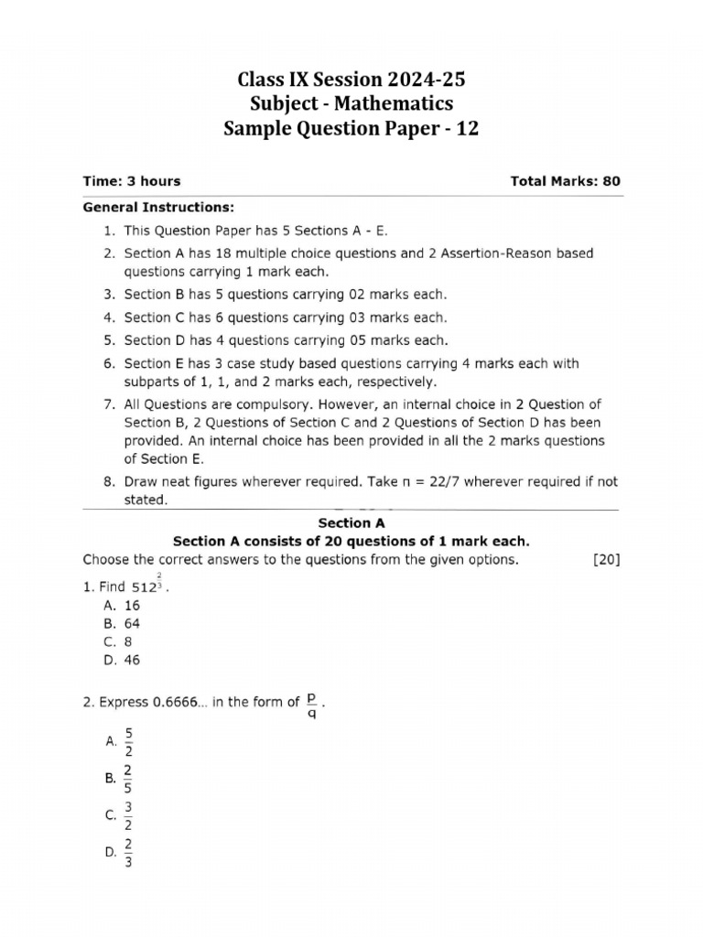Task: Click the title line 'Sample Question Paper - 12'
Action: pos(351,129)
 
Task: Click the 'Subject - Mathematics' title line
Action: pos(351,104)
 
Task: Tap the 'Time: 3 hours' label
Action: pos(132,181)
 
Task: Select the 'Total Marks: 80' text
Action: pos(565,181)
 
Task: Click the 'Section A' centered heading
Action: pos(351,523)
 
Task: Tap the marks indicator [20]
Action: pos(606,560)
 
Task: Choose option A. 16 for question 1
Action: pos(122,606)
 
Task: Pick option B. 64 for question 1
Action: pos(122,624)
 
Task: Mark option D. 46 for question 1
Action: pos(122,661)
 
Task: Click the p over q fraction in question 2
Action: pos(312,705)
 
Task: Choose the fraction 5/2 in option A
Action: pos(129,742)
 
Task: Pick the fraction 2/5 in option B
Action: pos(129,779)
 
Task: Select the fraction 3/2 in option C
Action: pos(129,815)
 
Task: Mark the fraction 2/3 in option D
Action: pos(129,852)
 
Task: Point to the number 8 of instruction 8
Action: pos(107,481)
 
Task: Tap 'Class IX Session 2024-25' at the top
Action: pos(351,81)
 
